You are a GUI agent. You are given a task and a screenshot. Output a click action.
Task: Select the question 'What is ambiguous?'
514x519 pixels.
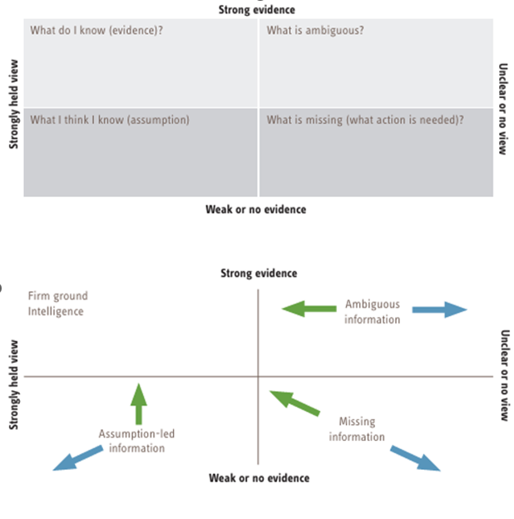pyautogui.click(x=315, y=31)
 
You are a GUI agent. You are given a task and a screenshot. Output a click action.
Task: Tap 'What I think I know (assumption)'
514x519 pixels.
pyautogui.click(x=110, y=120)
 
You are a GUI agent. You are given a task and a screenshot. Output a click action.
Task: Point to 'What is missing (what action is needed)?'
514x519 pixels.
pyautogui.click(x=365, y=120)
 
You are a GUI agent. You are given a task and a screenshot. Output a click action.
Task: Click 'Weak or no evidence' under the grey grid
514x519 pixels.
pyautogui.click(x=255, y=209)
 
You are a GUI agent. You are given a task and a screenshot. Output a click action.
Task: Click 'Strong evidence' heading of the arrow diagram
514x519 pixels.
pyautogui.click(x=258, y=273)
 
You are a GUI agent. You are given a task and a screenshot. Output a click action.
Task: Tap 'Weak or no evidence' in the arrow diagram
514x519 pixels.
pyautogui.click(x=259, y=477)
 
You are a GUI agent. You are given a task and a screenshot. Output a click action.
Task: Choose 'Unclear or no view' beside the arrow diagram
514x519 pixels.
pyautogui.click(x=504, y=375)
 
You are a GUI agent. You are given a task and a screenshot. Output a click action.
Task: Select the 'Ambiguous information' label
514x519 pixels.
pyautogui.click(x=373, y=312)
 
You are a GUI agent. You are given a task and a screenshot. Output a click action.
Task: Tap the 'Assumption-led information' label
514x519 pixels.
pyautogui.click(x=136, y=441)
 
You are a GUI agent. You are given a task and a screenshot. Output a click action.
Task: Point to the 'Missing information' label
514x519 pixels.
pyautogui.click(x=357, y=429)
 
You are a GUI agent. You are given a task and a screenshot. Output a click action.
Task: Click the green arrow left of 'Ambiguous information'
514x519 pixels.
pyautogui.click(x=308, y=309)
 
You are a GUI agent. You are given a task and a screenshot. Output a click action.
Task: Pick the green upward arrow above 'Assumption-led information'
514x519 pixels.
pyautogui.click(x=139, y=402)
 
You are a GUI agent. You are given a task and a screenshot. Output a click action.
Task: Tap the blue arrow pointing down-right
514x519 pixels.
pyautogui.click(x=417, y=458)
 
